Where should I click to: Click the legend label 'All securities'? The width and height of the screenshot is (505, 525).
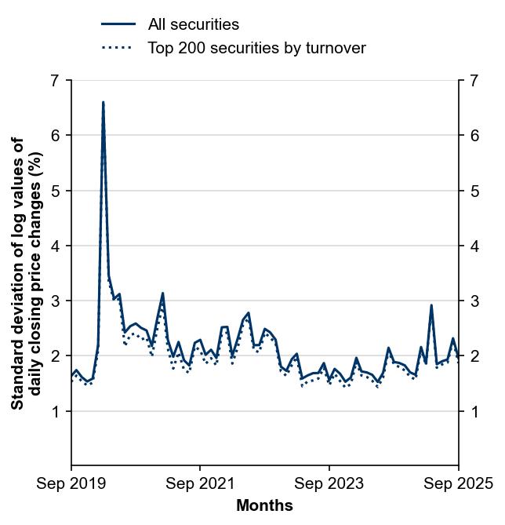(x=193, y=25)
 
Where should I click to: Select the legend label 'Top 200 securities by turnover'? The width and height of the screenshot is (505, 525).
(x=256, y=48)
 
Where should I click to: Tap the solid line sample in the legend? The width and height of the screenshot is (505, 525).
(x=118, y=25)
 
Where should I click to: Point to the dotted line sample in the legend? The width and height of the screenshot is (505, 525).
(x=118, y=48)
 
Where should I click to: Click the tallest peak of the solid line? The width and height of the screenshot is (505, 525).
(x=104, y=102)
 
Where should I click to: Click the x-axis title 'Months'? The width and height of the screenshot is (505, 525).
(x=264, y=505)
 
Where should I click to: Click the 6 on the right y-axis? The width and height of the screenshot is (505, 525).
(x=474, y=136)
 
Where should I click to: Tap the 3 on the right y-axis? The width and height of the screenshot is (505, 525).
(x=474, y=301)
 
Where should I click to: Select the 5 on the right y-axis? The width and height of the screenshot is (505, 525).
(x=474, y=191)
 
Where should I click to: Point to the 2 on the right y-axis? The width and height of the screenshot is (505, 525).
(x=474, y=356)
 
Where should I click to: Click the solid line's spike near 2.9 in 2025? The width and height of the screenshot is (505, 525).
(x=431, y=305)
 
